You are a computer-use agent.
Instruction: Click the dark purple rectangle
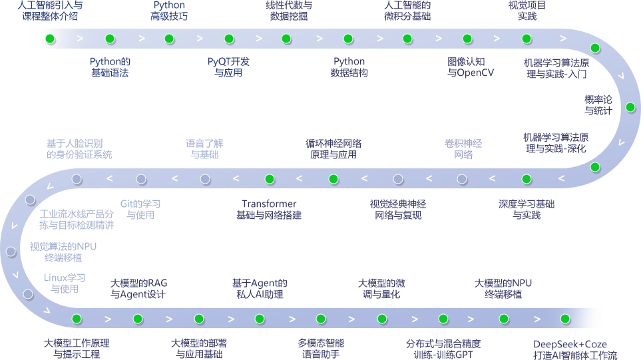pos(529,212)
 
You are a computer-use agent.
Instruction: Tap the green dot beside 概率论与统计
pos(630,107)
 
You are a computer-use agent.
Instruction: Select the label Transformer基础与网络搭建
pos(269,210)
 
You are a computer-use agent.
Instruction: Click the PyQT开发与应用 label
pos(228,67)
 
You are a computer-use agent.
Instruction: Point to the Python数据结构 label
pos(349,67)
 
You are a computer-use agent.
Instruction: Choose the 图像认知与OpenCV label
pos(471,67)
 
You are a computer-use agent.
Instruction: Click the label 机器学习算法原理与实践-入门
pos(556,69)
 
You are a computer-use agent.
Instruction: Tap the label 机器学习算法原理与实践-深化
pos(556,143)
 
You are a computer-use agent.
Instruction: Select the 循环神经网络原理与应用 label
pos(333,149)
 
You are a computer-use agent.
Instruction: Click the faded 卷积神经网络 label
pos(463,149)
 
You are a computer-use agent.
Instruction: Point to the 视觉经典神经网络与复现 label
pos(398,210)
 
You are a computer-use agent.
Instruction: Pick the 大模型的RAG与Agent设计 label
pos(138,289)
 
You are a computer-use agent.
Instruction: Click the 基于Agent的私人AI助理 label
pos(260,289)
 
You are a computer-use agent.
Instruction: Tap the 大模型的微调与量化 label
pos(381,289)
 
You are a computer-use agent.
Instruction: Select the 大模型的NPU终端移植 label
pos(503,289)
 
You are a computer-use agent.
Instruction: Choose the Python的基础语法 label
pos(110,67)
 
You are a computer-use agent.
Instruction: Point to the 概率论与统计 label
pos(598,105)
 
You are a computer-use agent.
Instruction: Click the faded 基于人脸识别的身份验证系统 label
pos(79,149)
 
